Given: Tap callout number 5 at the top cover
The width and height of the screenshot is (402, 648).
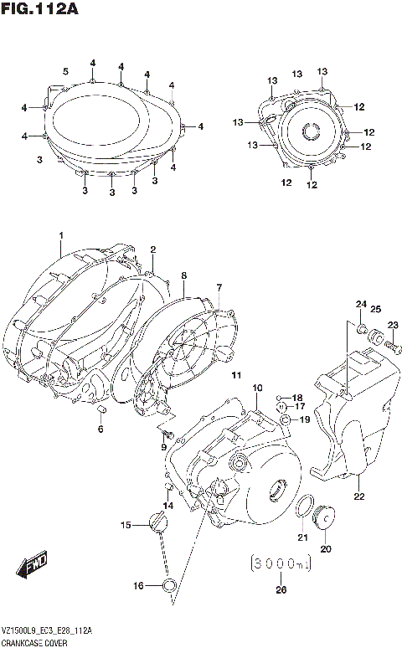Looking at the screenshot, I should tap(64, 70).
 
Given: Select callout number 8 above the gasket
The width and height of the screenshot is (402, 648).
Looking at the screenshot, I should tap(183, 275).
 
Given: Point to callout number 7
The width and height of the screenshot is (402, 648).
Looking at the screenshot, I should tap(219, 288).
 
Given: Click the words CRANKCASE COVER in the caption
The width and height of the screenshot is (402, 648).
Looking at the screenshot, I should tap(34, 640).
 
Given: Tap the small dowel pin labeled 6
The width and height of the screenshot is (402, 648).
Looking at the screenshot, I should tap(101, 412).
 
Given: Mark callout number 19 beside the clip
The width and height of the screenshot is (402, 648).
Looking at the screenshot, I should tap(305, 419).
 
